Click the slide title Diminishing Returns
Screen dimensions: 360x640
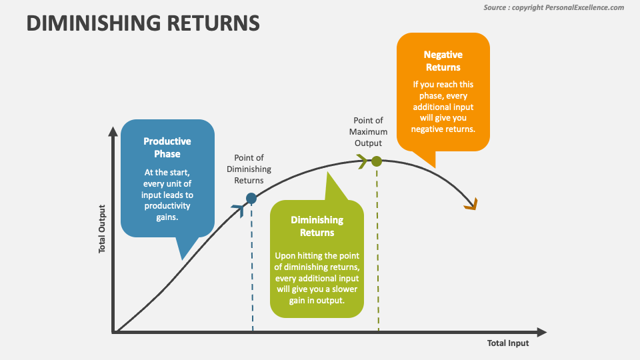[x=143, y=23]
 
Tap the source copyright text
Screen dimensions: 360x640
[x=553, y=7]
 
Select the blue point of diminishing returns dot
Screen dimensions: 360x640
[x=251, y=198]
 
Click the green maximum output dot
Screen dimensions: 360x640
[x=377, y=161]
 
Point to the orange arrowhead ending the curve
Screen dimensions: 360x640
[x=471, y=205]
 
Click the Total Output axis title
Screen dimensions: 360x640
[x=103, y=228]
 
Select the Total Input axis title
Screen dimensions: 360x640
[x=508, y=343]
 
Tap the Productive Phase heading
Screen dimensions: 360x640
[x=167, y=147]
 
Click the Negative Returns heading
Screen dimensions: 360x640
[x=443, y=61]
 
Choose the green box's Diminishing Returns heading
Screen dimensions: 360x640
[x=317, y=226]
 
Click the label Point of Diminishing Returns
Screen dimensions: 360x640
[x=245, y=169]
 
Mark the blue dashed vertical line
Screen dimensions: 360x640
[x=252, y=267]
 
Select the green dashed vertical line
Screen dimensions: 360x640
[x=377, y=247]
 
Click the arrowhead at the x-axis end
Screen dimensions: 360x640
[x=541, y=332]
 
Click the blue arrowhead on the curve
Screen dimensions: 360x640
[x=236, y=209]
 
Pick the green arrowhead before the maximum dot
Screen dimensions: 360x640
[x=362, y=161]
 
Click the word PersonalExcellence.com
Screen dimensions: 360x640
[x=584, y=7]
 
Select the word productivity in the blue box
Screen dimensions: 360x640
[x=167, y=206]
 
